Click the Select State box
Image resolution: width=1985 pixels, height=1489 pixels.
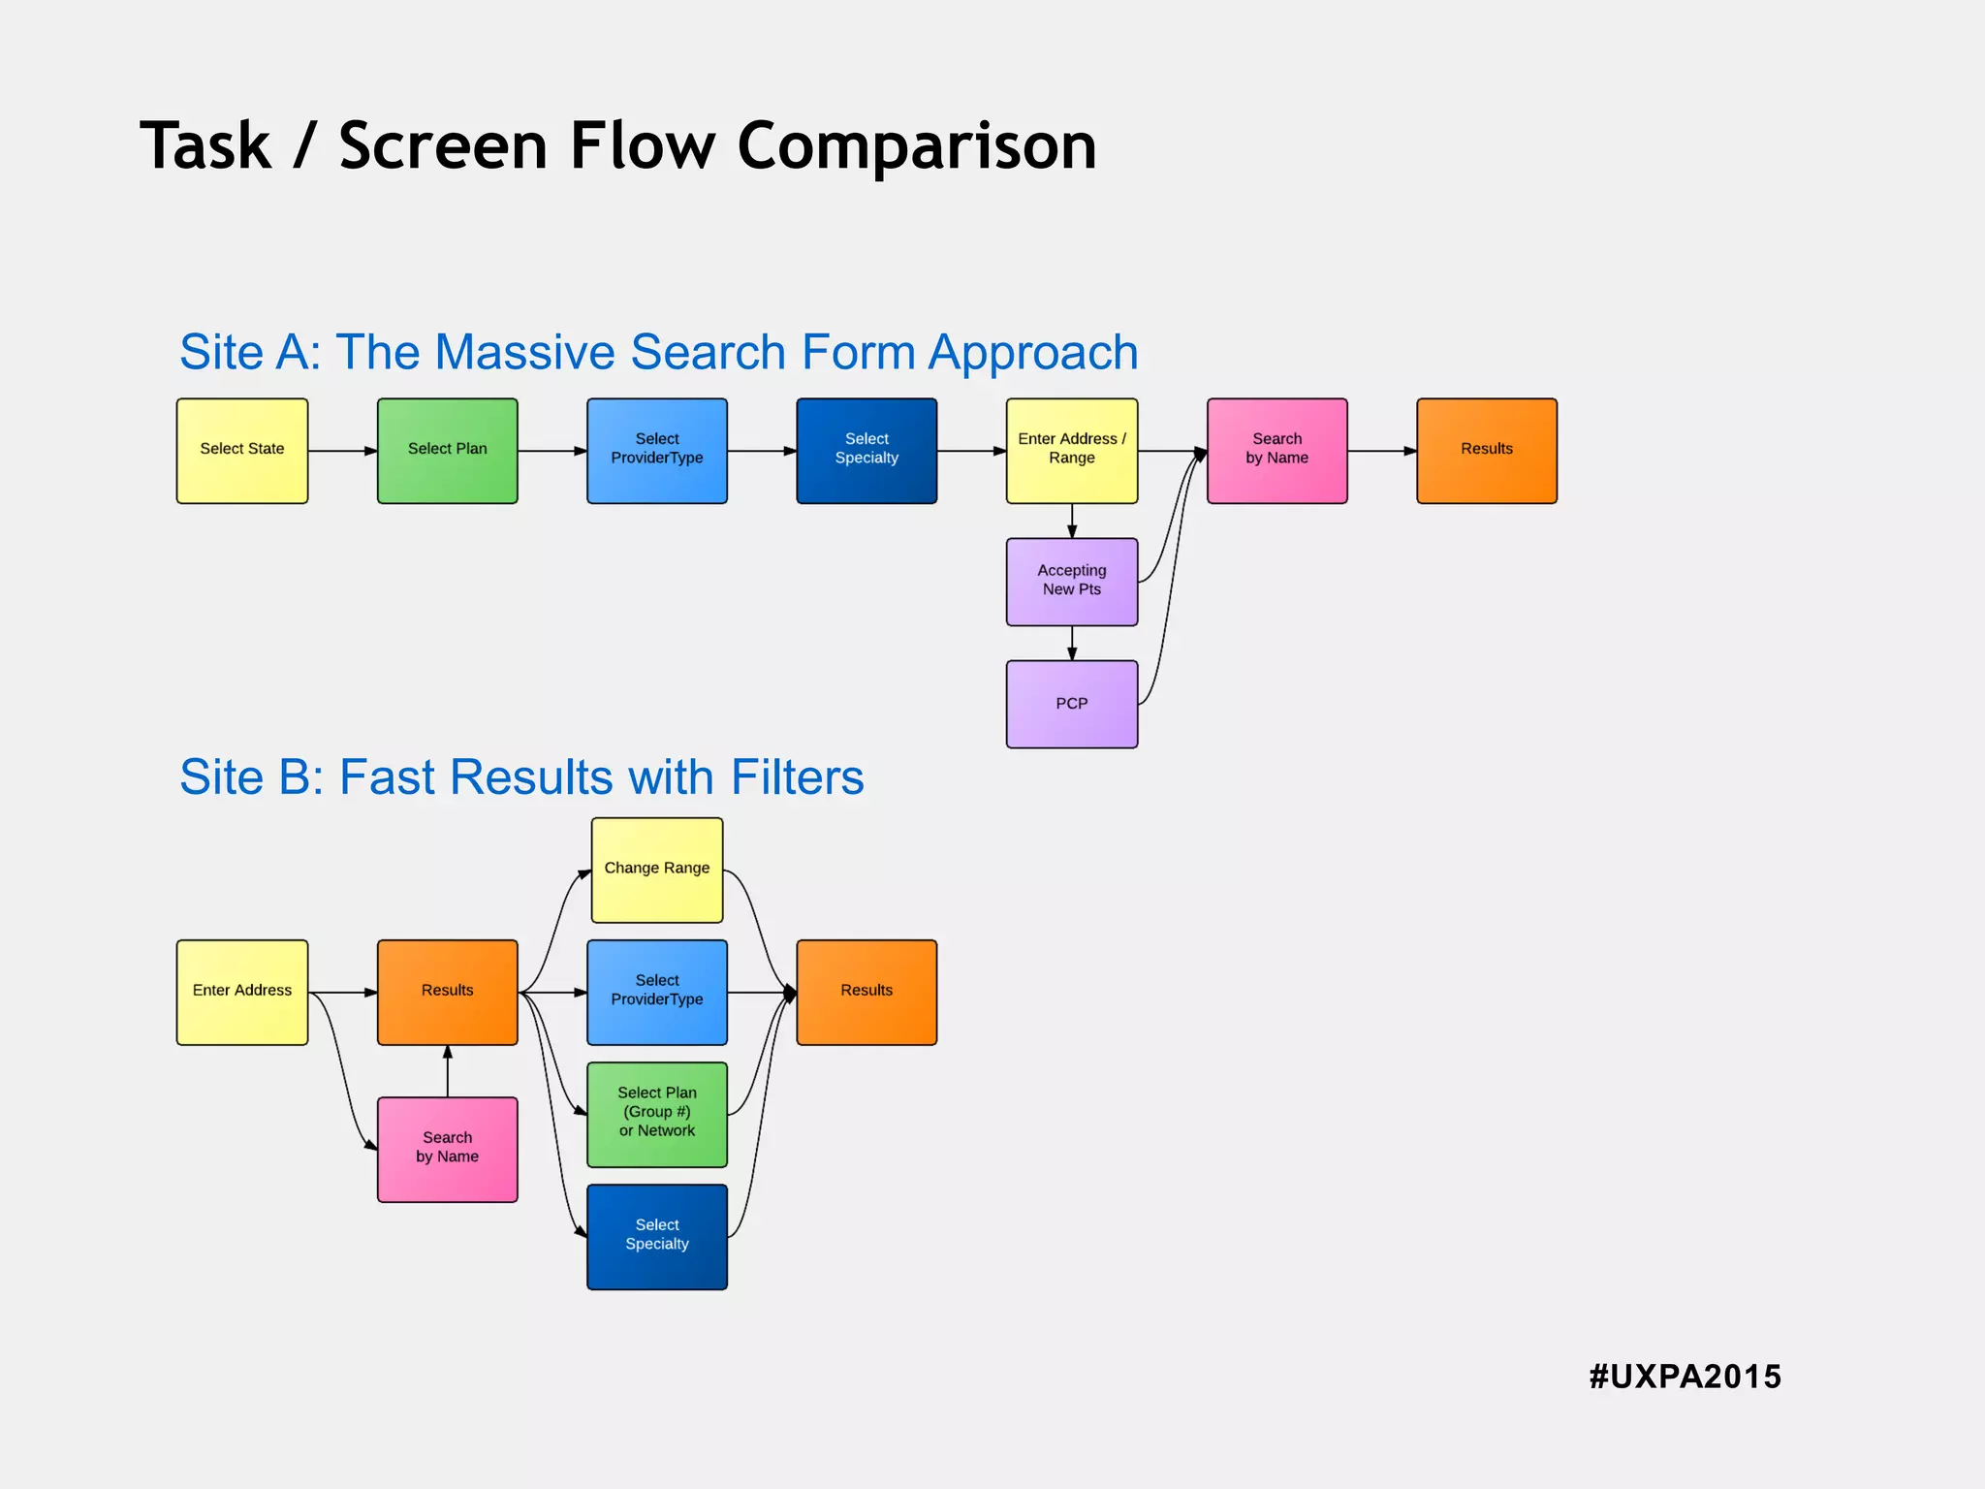pyautogui.click(x=241, y=451)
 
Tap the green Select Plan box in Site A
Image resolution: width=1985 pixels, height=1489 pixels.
pyautogui.click(x=447, y=451)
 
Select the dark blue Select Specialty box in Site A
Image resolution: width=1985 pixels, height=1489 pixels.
pyautogui.click(x=866, y=451)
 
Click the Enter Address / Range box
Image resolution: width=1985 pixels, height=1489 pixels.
pyautogui.click(x=1071, y=451)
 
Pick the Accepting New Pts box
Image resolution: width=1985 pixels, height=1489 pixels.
pyautogui.click(x=1071, y=582)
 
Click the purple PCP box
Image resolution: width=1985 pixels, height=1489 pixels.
pyautogui.click(x=1071, y=704)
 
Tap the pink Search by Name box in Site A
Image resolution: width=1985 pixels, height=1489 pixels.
pyautogui.click(x=1276, y=451)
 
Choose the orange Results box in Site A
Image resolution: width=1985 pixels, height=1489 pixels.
pyautogui.click(x=1486, y=451)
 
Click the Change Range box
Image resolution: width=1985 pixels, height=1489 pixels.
pyautogui.click(x=656, y=870)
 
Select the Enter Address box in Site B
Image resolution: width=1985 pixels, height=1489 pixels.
pyautogui.click(x=241, y=992)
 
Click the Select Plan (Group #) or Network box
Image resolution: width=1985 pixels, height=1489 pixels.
pyautogui.click(x=656, y=1114)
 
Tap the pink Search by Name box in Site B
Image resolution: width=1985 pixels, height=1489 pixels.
pyautogui.click(x=447, y=1149)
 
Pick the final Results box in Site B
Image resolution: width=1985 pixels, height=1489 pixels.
pyautogui.click(x=866, y=992)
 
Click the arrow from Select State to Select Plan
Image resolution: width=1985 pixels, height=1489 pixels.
pyautogui.click(x=342, y=451)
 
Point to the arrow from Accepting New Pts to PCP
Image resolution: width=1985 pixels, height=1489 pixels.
pyautogui.click(x=1072, y=643)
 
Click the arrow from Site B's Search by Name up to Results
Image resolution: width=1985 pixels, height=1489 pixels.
pyautogui.click(x=448, y=1071)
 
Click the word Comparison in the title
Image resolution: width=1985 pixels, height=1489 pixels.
pyautogui.click(x=916, y=146)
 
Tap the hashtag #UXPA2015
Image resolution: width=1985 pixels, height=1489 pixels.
pyautogui.click(x=1685, y=1377)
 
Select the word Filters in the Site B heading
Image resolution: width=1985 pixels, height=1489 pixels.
pyautogui.click(x=797, y=777)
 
